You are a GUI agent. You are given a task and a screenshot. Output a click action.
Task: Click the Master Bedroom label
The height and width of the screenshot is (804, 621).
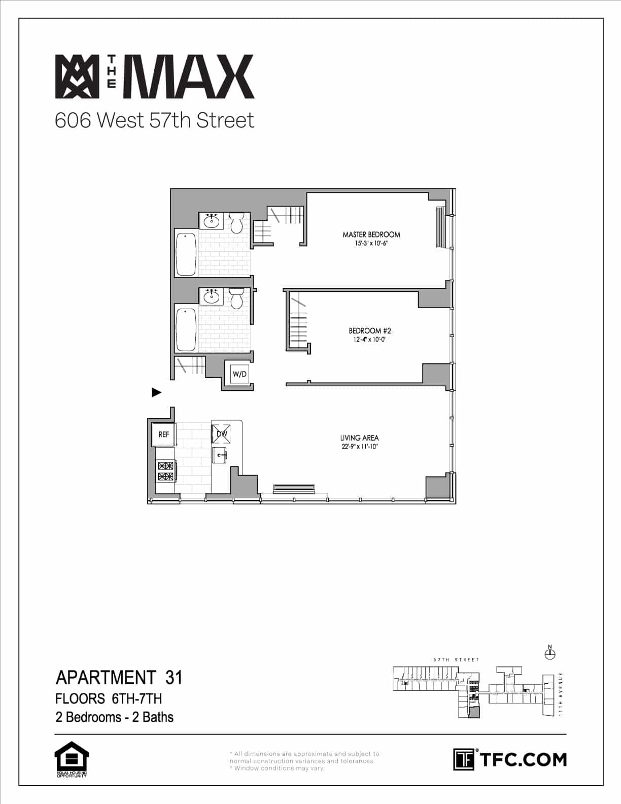tap(371, 234)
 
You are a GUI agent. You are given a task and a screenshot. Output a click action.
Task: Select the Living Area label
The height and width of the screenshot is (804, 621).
tap(359, 438)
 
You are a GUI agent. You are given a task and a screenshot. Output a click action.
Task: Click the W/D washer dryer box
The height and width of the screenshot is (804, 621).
tap(239, 375)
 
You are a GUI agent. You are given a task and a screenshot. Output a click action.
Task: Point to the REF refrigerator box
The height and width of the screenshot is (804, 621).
tap(163, 434)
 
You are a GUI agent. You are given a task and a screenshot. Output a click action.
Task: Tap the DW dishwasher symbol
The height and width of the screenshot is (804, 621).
tap(221, 434)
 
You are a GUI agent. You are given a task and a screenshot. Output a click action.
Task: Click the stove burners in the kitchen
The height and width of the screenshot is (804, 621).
tap(165, 471)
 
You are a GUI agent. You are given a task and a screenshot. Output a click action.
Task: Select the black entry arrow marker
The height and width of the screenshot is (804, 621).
tap(157, 392)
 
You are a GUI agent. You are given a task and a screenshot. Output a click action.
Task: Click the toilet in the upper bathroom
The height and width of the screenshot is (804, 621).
tap(236, 223)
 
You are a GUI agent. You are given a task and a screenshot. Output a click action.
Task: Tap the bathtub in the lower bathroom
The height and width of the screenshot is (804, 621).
tap(186, 327)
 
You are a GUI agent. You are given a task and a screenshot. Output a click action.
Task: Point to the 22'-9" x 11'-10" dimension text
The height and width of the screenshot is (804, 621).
tap(360, 447)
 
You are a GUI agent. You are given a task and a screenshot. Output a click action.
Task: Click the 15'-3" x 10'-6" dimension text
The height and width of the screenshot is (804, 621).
tap(371, 244)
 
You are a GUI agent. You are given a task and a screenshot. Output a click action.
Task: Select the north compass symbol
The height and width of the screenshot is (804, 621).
tap(549, 653)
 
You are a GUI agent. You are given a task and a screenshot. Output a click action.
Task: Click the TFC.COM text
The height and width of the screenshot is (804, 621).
tap(523, 760)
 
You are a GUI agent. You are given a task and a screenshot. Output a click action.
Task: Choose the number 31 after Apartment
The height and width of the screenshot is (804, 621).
tap(174, 678)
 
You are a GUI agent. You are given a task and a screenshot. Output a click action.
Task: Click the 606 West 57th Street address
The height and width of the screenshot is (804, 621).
tap(154, 120)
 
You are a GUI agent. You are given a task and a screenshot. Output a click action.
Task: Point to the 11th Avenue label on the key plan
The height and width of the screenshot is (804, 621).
tap(561, 694)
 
